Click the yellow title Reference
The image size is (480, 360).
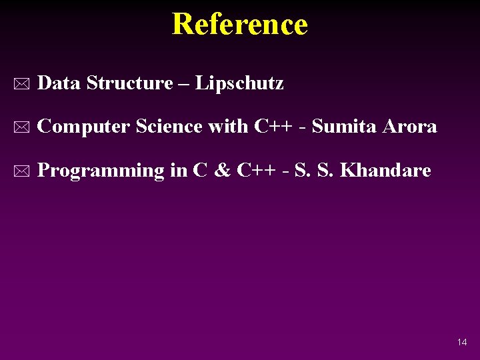pyautogui.click(x=239, y=25)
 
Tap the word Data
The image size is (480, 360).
pyautogui.click(x=59, y=83)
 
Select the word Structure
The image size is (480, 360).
pyautogui.click(x=129, y=83)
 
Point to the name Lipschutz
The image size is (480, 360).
pyautogui.click(x=239, y=84)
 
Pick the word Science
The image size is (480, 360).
pyautogui.click(x=169, y=127)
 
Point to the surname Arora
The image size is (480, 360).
pyautogui.click(x=410, y=127)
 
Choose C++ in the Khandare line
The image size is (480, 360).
pyautogui.click(x=253, y=171)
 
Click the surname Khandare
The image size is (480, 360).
pyautogui.click(x=385, y=171)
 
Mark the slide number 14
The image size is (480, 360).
pyautogui.click(x=462, y=343)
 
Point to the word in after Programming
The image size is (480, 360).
pyautogui.click(x=178, y=171)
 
